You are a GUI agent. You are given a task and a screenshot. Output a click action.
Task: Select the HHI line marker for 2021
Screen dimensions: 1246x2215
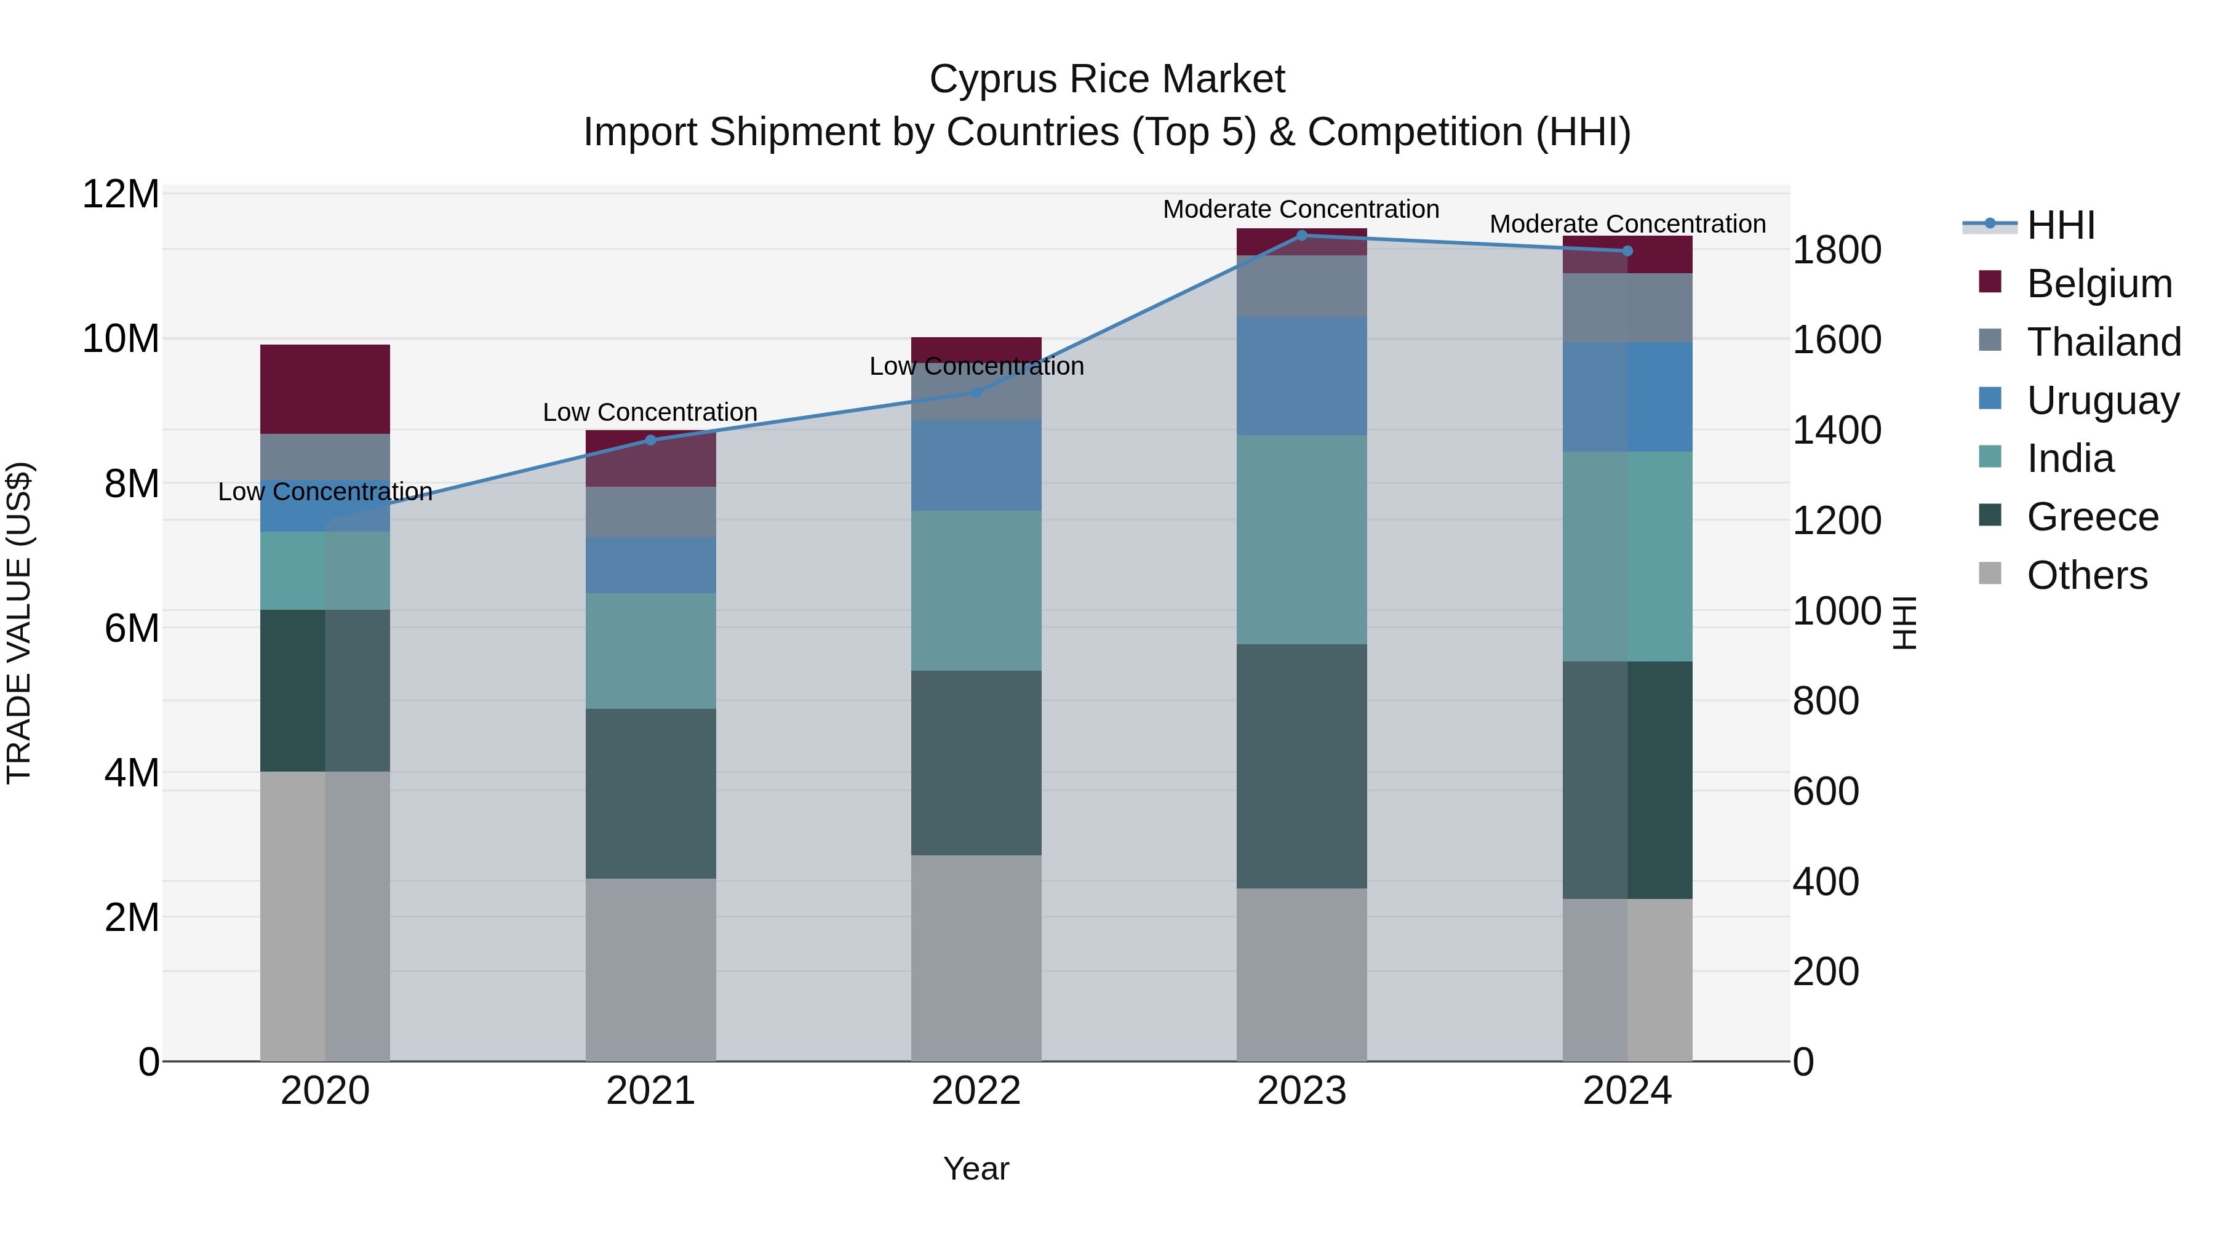[x=650, y=441]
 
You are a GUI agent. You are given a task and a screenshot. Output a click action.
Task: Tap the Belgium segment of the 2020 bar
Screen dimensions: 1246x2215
[x=325, y=389]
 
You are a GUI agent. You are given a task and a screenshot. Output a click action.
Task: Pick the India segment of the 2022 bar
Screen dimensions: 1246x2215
[x=976, y=591]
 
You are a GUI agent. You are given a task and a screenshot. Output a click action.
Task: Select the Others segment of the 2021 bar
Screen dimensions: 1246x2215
[x=650, y=969]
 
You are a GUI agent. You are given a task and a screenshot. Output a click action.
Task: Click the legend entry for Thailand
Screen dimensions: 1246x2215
[x=2103, y=341]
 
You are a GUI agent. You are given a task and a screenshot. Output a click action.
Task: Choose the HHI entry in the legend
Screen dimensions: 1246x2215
[x=2060, y=225]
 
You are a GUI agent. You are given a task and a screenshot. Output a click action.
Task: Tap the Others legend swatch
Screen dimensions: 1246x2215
[x=1990, y=573]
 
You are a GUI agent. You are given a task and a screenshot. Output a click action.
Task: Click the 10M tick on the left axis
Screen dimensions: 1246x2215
[x=121, y=339]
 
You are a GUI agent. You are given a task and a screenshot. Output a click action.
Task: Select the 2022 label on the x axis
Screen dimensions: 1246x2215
[x=976, y=1091]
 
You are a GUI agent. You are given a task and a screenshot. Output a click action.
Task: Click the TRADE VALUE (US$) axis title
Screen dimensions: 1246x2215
[x=19, y=623]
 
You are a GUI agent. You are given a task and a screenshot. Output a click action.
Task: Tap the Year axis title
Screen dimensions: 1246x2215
[x=976, y=1168]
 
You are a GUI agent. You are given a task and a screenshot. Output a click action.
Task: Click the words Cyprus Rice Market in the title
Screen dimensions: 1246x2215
[x=1107, y=79]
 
